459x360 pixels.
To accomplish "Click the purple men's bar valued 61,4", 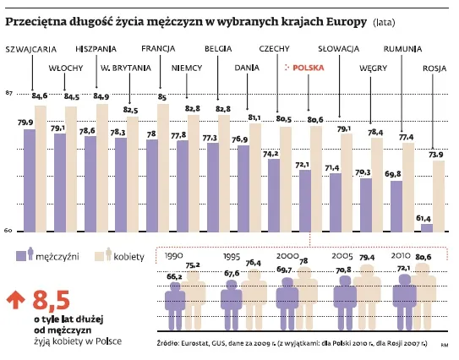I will click(x=426, y=227).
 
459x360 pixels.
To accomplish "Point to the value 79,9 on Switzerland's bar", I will click(x=25, y=123).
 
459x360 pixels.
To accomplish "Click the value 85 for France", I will click(x=161, y=97).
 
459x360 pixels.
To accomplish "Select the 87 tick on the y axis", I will click(x=8, y=92).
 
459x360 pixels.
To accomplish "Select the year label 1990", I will click(x=174, y=254).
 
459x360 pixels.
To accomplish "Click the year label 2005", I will click(x=342, y=254).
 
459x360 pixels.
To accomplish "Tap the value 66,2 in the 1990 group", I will click(x=175, y=275).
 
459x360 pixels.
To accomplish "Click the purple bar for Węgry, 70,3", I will click(x=365, y=205).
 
